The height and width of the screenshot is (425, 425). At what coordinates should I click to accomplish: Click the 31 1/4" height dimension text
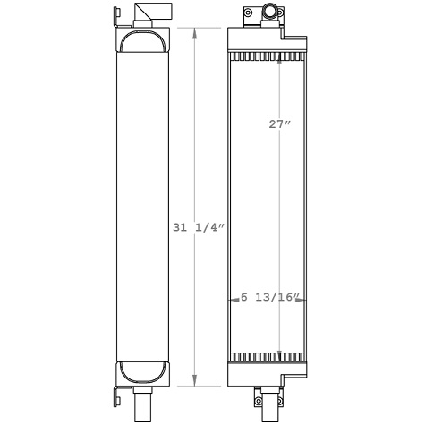click(197, 228)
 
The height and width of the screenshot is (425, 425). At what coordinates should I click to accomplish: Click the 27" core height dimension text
click(280, 125)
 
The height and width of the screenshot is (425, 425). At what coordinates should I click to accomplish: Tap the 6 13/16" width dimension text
click(274, 298)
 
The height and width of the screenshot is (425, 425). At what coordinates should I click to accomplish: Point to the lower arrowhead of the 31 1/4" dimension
click(198, 382)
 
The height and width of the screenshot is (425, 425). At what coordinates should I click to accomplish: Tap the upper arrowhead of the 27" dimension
click(281, 63)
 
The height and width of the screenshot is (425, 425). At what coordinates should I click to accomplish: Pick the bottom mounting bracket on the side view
click(115, 393)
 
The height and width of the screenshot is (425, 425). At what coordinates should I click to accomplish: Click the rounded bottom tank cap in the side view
click(142, 370)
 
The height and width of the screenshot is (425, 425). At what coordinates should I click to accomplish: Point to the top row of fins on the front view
click(266, 56)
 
